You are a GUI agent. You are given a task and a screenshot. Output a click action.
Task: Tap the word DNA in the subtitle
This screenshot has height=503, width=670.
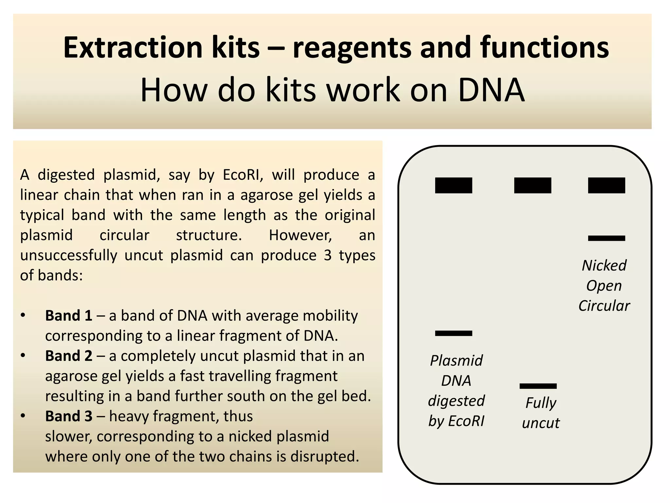[x=491, y=90]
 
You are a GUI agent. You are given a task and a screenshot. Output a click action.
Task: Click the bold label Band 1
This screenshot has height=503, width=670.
[x=69, y=316]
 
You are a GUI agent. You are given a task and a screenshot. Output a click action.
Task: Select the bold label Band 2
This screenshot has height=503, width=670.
[x=69, y=356]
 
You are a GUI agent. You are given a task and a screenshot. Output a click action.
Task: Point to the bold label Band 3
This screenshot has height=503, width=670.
[x=69, y=416]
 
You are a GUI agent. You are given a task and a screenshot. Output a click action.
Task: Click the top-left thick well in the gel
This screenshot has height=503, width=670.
[x=453, y=185]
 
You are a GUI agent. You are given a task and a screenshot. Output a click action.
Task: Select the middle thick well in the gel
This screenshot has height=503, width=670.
[x=533, y=185]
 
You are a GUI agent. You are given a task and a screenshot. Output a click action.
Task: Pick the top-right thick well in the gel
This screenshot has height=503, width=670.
[x=607, y=185]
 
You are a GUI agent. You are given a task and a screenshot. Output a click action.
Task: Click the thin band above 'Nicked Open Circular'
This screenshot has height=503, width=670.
[x=607, y=238]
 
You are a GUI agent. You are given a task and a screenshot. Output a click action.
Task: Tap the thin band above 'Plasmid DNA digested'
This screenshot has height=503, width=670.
[x=453, y=333]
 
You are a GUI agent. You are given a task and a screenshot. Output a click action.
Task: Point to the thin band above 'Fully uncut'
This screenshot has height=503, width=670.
[x=538, y=386]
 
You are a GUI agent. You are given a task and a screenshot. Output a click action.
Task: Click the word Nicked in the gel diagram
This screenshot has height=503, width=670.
[x=604, y=266]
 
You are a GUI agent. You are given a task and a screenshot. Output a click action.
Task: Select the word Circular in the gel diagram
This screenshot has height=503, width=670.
[x=604, y=306]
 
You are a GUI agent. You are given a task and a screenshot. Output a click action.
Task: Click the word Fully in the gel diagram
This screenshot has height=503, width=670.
[x=541, y=403]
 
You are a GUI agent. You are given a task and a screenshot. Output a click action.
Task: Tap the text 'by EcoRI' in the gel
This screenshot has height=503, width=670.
[x=456, y=421]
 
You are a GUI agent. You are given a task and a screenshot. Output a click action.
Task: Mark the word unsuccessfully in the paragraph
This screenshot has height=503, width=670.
[x=69, y=255]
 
